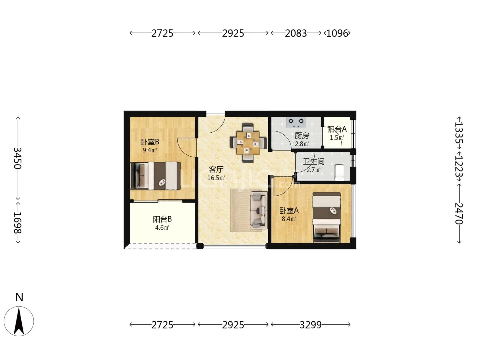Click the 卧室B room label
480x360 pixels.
coord(150,142)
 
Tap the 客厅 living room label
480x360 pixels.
coord(216,169)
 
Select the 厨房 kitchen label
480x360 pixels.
coord(302,136)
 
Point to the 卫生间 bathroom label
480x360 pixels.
coord(314,162)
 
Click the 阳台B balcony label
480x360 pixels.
coord(162,219)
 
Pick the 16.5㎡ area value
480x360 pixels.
coord(216,178)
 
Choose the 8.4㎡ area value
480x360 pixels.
coord(289,219)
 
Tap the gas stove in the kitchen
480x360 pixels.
coord(296,122)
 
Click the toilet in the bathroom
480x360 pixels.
coord(339,173)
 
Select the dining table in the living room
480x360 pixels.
coord(248,143)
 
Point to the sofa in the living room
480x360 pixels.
coord(259,210)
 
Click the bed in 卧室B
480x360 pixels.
coord(155,176)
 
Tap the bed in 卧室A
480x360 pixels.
coord(326,217)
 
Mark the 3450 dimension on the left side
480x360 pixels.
coord(18,158)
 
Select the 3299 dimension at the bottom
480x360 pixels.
coord(311,325)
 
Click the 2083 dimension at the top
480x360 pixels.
coord(296,33)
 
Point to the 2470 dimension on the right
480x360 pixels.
coord(459,214)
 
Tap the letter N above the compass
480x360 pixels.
coord(19,297)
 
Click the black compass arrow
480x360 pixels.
coord(19,321)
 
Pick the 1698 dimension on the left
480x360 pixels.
coord(18,223)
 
